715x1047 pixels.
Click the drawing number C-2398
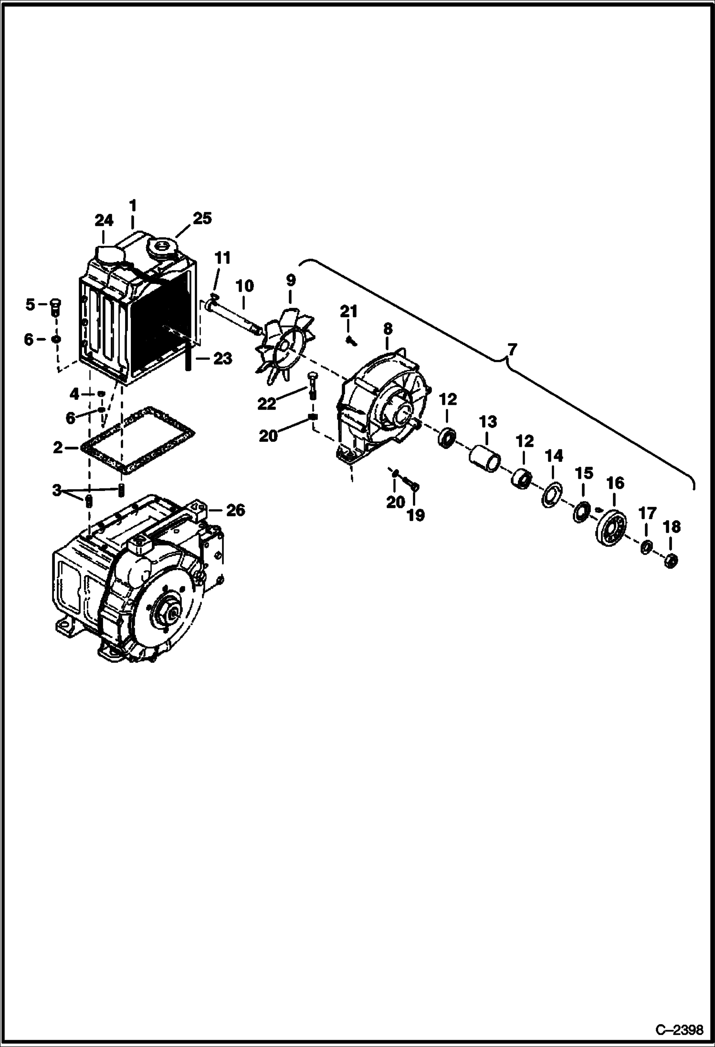coord(679,1030)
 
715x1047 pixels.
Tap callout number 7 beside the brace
coord(511,350)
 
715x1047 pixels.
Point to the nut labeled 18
coord(671,560)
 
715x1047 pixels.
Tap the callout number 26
coord(235,510)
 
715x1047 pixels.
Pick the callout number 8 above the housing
coord(388,328)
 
